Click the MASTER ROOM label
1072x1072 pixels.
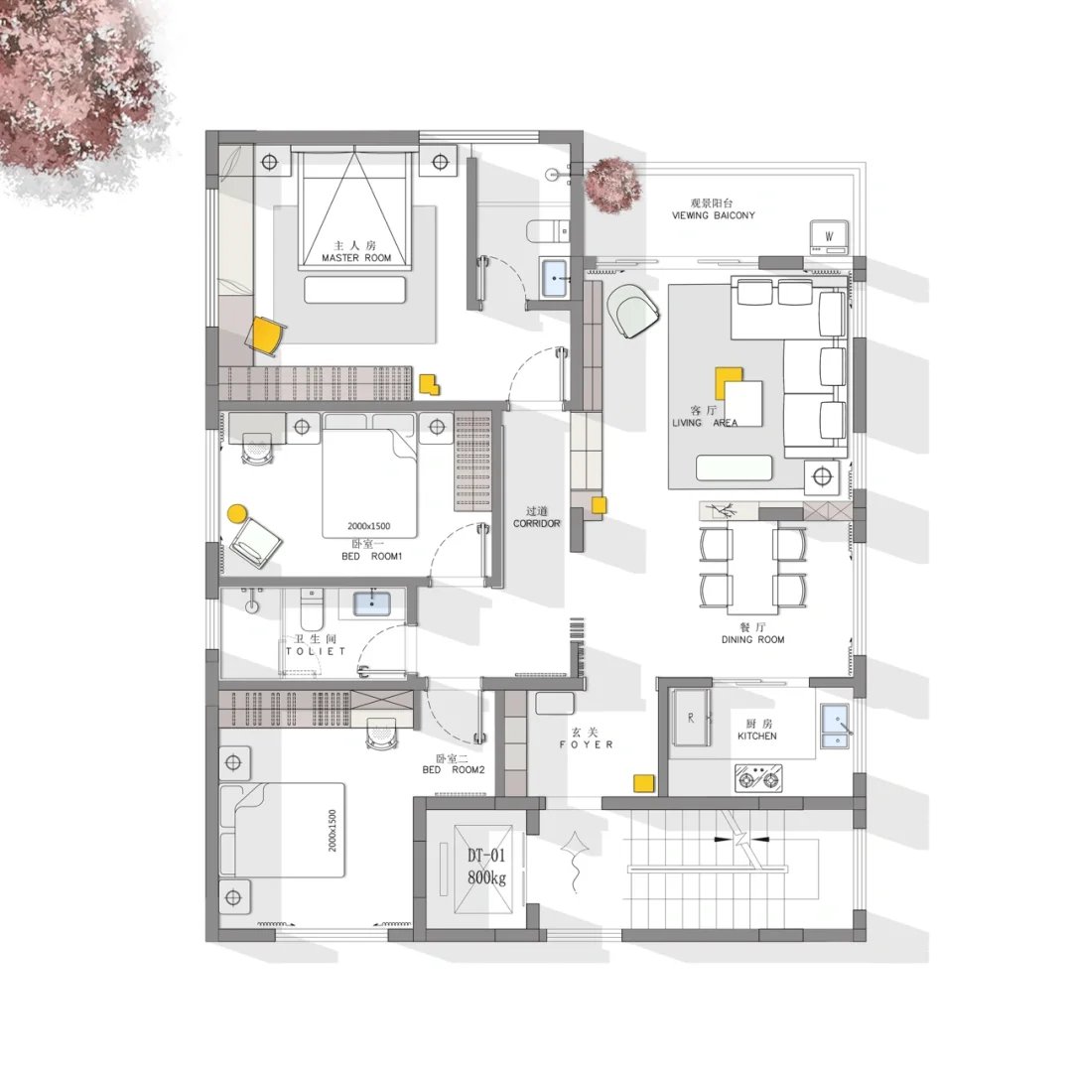point(356,258)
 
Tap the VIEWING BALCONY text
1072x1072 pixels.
point(713,215)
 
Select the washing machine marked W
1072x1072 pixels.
point(829,236)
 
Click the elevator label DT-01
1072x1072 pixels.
point(486,856)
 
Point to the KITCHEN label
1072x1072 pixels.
point(756,737)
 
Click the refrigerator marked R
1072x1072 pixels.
point(691,718)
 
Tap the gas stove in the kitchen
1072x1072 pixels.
point(759,778)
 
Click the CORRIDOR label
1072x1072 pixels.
point(537,524)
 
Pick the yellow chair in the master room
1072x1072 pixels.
point(267,335)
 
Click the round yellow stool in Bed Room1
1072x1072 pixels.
point(236,513)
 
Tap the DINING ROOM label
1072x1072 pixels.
point(752,640)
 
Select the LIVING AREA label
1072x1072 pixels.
point(705,423)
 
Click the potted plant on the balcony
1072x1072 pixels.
point(613,186)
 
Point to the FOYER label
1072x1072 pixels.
point(586,744)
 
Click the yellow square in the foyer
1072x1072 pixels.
point(642,783)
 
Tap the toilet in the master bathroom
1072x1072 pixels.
point(548,231)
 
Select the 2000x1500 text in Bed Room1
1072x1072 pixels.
point(368,526)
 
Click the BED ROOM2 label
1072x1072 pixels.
point(454,770)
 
